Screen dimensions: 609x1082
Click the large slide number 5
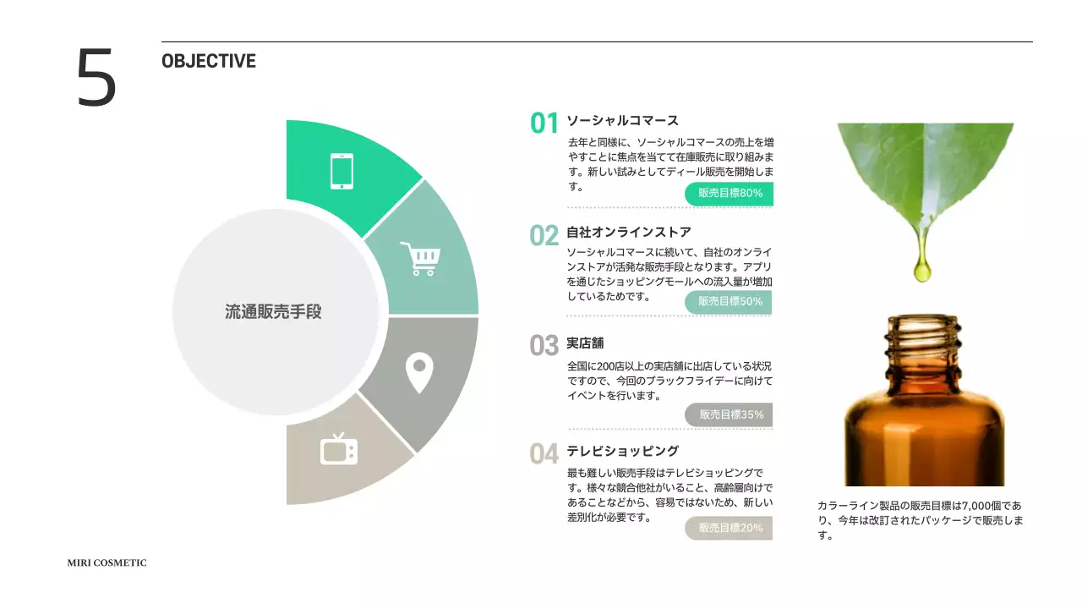coord(96,78)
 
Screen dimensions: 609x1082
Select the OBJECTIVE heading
coord(208,61)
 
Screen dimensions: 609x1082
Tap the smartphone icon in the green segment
coord(342,171)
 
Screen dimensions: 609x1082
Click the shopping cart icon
coord(420,259)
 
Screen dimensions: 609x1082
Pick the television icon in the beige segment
coord(338,449)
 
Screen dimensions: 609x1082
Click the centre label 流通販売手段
coord(273,311)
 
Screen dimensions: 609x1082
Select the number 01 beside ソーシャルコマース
coord(544,123)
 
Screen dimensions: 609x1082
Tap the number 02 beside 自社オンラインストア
coord(544,235)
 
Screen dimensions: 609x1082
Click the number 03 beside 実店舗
coord(544,346)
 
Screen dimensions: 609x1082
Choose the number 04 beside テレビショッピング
coord(544,454)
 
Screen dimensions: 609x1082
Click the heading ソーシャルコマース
coord(622,121)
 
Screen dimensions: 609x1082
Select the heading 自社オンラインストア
coord(629,232)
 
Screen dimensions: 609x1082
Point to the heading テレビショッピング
coord(622,451)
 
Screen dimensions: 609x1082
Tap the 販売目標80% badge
coord(730,194)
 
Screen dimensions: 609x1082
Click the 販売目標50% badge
coord(730,301)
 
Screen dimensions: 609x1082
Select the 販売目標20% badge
coord(730,528)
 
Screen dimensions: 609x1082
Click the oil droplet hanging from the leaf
coord(922,270)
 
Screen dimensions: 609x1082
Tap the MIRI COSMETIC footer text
coord(107,563)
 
